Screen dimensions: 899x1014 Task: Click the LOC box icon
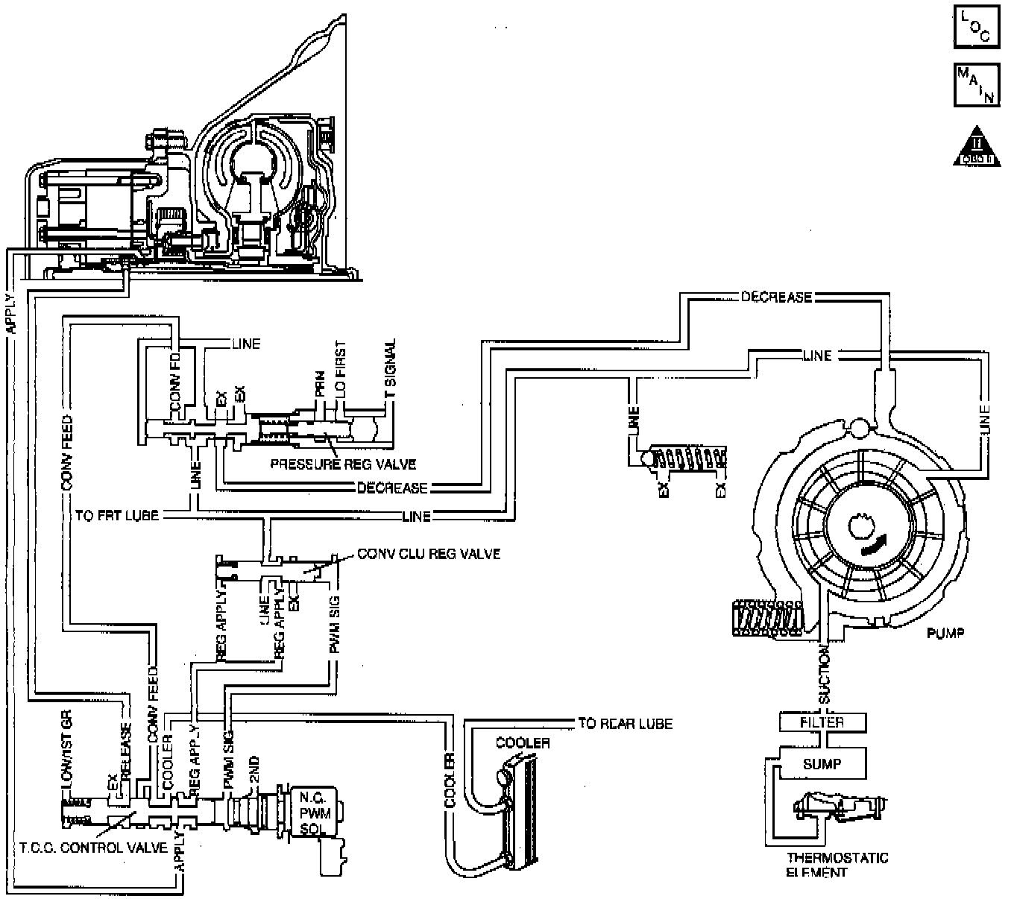point(976,28)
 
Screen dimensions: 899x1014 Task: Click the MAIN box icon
point(976,86)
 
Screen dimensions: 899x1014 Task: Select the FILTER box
point(822,722)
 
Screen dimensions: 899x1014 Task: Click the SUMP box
point(822,764)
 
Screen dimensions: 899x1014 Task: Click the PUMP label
point(945,634)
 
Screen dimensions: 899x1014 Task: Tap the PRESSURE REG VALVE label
point(343,464)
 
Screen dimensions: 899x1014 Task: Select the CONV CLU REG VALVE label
point(429,554)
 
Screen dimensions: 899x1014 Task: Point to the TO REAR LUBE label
point(625,724)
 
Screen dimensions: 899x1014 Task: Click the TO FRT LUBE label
point(116,515)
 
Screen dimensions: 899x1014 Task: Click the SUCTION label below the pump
point(824,675)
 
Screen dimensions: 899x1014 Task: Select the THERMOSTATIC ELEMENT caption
point(837,865)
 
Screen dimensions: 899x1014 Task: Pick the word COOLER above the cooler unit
point(523,743)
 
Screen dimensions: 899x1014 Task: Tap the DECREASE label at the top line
point(776,297)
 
